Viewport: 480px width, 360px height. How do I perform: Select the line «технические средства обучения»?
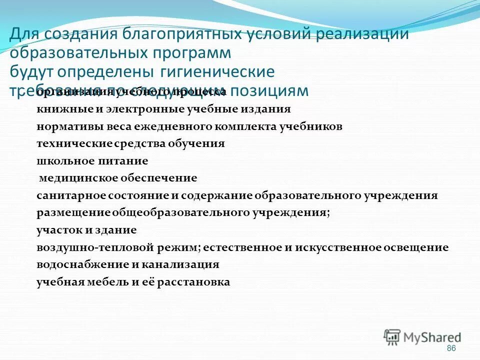[x=130, y=144]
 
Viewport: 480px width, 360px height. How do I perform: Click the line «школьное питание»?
[x=92, y=161]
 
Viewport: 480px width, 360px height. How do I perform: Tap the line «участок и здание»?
[x=86, y=230]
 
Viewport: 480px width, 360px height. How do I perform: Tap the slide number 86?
[x=451, y=348]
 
